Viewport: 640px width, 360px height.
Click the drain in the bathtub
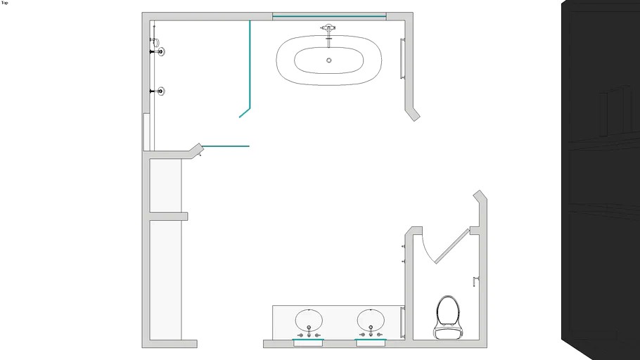[329, 60]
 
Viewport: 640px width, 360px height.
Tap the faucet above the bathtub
[328, 33]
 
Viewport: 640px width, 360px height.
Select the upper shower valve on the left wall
[158, 52]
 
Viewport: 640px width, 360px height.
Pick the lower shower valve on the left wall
[158, 91]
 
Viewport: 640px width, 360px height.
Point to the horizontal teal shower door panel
[226, 146]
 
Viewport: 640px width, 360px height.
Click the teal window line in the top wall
[329, 17]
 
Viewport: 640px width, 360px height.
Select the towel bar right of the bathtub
[402, 58]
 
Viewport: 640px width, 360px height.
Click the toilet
[448, 318]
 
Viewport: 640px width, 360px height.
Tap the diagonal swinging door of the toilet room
[452, 246]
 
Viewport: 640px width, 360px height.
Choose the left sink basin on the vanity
[309, 320]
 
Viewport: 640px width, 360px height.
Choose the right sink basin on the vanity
[371, 320]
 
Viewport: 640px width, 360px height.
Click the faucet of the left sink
[309, 332]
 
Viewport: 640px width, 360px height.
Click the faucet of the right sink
[371, 332]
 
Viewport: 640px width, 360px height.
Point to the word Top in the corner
[4, 3]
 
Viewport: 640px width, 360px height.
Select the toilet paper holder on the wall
[475, 281]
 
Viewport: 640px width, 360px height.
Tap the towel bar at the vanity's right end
[403, 322]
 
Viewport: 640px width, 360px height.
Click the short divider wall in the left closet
[169, 217]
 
